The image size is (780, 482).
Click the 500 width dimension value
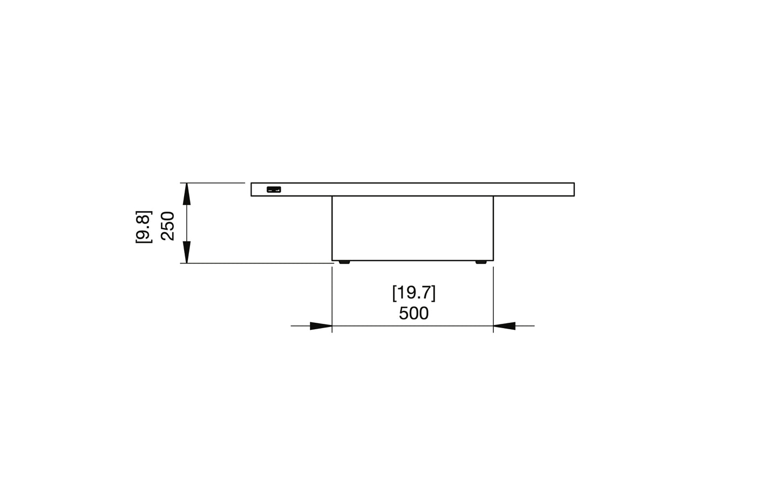point(413,313)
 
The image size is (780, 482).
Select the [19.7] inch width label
point(413,293)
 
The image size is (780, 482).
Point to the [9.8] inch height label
point(144,227)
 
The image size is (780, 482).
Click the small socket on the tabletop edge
point(274,189)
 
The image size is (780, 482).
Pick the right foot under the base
point(481,262)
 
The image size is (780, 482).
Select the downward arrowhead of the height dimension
point(186,253)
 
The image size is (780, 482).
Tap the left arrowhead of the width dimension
point(321,326)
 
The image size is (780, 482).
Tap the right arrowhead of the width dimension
point(504,326)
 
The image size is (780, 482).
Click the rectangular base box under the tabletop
point(412,228)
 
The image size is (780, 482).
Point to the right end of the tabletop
point(574,189)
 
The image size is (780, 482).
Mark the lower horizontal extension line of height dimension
point(254,263)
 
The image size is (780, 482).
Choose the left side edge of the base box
point(332,228)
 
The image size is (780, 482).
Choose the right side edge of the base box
point(493,228)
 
